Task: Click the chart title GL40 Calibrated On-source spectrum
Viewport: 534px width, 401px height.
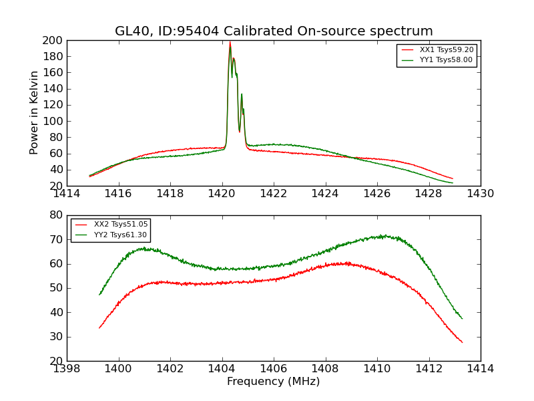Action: tap(274, 31)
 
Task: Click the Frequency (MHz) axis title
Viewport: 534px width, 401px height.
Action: tap(273, 382)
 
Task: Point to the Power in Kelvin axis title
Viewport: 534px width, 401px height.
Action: tap(35, 113)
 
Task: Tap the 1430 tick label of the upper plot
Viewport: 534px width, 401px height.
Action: tap(480, 194)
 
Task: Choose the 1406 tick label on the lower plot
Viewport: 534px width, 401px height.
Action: tap(274, 368)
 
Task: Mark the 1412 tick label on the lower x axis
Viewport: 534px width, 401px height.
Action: tap(429, 368)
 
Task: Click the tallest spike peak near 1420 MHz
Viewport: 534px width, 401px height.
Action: tap(230, 42)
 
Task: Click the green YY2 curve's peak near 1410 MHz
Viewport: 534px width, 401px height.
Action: tap(382, 235)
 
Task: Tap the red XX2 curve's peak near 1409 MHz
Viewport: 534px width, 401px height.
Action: tap(347, 263)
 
